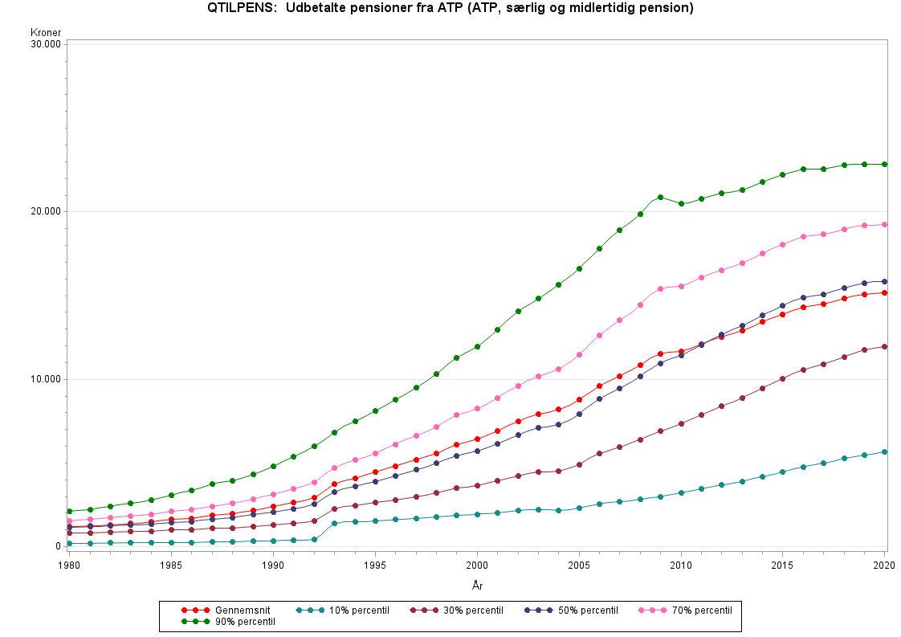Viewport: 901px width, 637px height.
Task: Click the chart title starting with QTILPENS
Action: (450, 9)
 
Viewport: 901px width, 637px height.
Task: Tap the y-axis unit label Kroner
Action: (46, 33)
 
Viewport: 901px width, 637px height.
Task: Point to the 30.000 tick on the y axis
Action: (47, 44)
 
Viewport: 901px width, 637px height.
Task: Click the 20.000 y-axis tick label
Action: (47, 211)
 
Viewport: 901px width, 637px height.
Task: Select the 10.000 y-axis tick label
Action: (47, 379)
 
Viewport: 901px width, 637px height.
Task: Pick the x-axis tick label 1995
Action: (375, 566)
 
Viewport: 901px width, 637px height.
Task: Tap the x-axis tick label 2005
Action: (579, 566)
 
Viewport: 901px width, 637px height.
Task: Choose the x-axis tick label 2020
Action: (884, 566)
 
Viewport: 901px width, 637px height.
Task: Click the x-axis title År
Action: (477, 586)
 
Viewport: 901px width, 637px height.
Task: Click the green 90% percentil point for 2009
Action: (660, 197)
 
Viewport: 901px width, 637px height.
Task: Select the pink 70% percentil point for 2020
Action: (884, 225)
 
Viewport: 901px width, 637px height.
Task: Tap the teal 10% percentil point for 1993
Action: (334, 523)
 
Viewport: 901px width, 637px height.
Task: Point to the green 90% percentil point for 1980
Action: (70, 511)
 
